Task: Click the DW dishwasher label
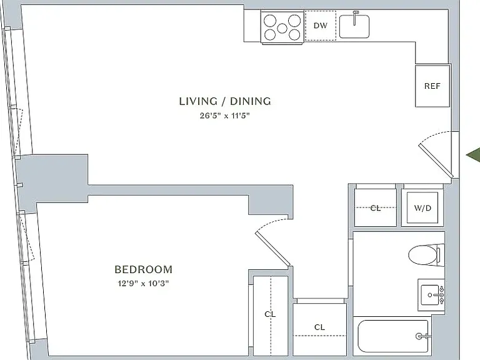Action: [x=321, y=26]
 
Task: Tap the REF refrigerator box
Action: [x=432, y=86]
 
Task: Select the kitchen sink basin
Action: [x=354, y=26]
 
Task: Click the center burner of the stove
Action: [x=282, y=28]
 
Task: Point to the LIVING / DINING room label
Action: [x=225, y=101]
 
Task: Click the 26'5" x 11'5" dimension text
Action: [x=225, y=116]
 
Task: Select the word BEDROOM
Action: [x=143, y=269]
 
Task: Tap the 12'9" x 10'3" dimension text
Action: [x=143, y=284]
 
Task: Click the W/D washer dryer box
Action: [x=422, y=208]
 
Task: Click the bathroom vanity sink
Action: [x=432, y=295]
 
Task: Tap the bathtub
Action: [x=393, y=336]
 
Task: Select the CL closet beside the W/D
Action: [x=375, y=207]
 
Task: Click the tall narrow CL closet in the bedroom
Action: [x=271, y=315]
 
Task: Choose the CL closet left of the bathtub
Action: [x=319, y=329]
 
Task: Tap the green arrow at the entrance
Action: [x=473, y=156]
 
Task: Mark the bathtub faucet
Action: [x=422, y=336]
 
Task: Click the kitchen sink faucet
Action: [x=355, y=17]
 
